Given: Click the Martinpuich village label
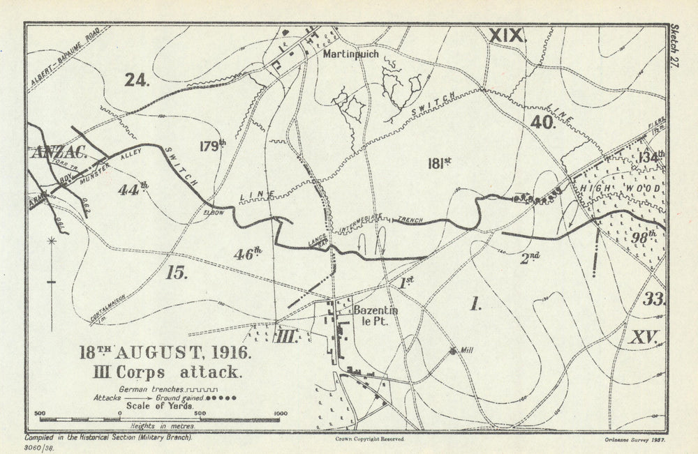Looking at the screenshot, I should click(x=349, y=52).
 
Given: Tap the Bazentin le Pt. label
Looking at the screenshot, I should click(x=376, y=316).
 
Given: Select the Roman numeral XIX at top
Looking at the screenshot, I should click(x=505, y=36).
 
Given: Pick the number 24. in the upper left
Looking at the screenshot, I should click(x=138, y=80).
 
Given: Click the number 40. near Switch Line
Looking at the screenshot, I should click(x=542, y=123).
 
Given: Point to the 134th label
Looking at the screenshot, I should click(x=651, y=157).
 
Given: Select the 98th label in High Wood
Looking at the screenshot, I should click(x=643, y=236).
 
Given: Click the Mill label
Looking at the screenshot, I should click(x=466, y=350).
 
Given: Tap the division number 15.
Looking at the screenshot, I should click(x=177, y=273).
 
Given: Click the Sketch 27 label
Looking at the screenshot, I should click(x=674, y=45).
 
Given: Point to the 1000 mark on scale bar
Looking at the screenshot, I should click(x=280, y=413).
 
